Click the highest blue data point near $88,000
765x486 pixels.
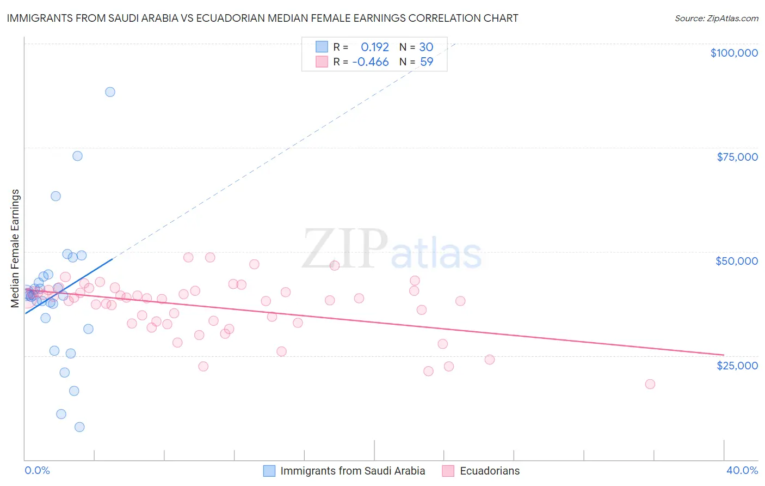[110, 92]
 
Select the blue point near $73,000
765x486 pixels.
[78, 156]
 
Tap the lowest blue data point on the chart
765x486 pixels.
[79, 427]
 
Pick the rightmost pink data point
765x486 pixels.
[650, 384]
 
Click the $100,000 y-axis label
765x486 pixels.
[734, 53]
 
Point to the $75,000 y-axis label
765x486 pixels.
[737, 157]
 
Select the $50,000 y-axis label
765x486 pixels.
[737, 261]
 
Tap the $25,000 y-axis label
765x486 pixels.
[737, 366]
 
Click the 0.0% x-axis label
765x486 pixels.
[37, 470]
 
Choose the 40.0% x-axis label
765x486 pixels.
[742, 470]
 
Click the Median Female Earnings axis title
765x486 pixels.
[15, 248]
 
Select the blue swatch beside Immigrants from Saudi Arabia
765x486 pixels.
[269, 471]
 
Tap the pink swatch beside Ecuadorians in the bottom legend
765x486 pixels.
[448, 471]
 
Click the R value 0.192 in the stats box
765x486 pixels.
[375, 47]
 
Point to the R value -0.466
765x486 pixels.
[371, 62]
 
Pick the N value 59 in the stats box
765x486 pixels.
[427, 62]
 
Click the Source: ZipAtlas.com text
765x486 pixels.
[716, 19]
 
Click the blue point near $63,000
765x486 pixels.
[55, 196]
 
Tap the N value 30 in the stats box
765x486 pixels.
[426, 47]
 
